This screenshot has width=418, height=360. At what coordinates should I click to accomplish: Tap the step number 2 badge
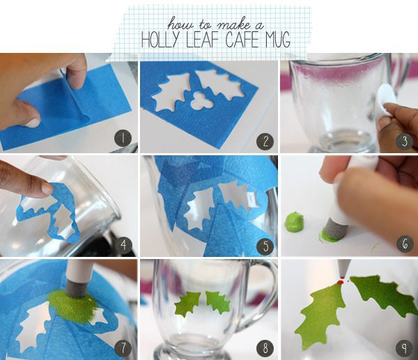point(265,141)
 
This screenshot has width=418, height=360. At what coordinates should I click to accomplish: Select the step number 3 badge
point(405,141)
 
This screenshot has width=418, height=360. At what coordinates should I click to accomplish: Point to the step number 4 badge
point(123,244)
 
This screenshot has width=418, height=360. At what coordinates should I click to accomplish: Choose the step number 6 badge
point(405,244)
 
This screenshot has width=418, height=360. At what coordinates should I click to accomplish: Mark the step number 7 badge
point(123,348)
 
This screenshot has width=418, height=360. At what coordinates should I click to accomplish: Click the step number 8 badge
point(265,348)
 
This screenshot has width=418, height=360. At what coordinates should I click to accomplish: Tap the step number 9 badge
point(405,348)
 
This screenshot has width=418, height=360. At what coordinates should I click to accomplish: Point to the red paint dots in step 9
point(341,281)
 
